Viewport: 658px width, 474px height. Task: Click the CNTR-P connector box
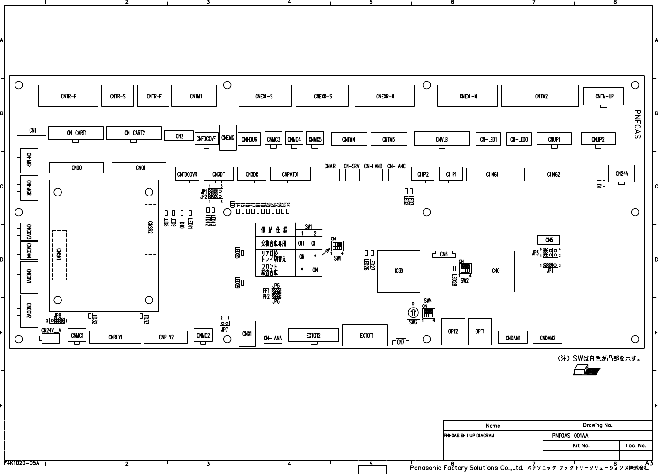[68, 96]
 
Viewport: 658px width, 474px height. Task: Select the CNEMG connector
[227, 138]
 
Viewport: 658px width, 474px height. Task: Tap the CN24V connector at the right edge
[621, 174]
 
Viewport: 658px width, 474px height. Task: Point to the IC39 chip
[399, 271]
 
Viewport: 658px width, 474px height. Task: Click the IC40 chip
[495, 271]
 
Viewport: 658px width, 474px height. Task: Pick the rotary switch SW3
[413, 313]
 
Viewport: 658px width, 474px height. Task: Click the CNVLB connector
[441, 139]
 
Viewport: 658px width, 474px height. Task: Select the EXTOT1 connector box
[365, 335]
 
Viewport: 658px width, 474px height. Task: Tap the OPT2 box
[453, 331]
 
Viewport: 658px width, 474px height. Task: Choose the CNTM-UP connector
[604, 97]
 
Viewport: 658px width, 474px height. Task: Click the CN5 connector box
[549, 240]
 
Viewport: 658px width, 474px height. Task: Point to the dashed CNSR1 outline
[59, 255]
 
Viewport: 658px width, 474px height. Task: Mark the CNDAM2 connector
[547, 338]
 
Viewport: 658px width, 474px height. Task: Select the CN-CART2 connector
[134, 133]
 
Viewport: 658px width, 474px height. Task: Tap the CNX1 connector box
[247, 334]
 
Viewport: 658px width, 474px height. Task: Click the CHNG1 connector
[492, 174]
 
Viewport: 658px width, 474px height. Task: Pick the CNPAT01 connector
[290, 174]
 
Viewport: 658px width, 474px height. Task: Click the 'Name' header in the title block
[492, 426]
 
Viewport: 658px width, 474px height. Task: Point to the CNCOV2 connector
[29, 311]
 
